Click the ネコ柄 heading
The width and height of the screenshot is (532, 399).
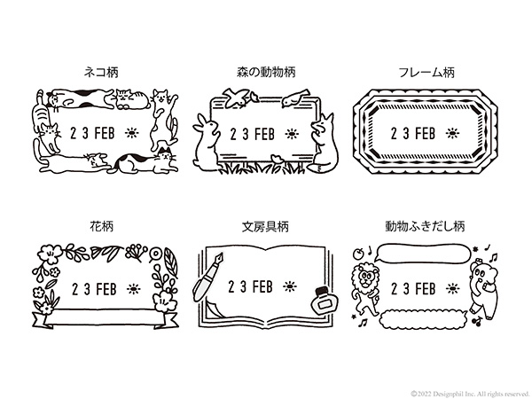(x=101, y=73)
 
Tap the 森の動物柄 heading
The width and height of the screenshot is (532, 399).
(x=266, y=72)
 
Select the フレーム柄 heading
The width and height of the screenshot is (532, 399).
(x=426, y=73)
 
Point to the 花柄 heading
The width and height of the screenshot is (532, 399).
(x=101, y=226)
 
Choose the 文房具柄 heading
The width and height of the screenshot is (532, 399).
(x=265, y=226)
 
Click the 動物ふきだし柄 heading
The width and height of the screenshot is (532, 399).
(x=425, y=226)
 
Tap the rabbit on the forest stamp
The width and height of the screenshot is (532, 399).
(x=205, y=143)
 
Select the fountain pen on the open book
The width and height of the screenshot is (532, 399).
(x=208, y=277)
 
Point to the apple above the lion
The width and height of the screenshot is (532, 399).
(x=358, y=253)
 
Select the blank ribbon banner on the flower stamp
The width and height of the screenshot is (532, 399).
(x=106, y=318)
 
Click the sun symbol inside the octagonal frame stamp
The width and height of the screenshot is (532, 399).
(x=452, y=133)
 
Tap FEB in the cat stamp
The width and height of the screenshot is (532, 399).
(x=104, y=133)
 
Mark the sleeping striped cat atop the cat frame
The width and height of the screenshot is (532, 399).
(x=132, y=98)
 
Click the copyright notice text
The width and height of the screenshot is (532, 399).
(x=470, y=394)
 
